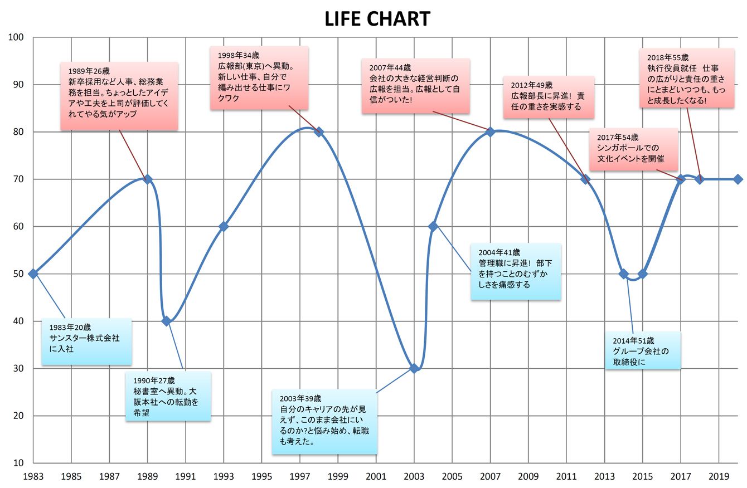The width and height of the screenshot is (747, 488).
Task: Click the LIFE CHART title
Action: (377, 19)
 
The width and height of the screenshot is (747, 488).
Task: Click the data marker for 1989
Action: (147, 179)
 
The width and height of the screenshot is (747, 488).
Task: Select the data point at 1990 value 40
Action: (166, 321)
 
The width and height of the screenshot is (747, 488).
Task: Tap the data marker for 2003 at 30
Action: (414, 368)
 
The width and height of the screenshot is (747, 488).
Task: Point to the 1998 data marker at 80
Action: (319, 132)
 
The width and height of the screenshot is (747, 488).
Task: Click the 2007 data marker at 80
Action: (491, 132)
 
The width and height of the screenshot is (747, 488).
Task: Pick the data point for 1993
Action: (224, 227)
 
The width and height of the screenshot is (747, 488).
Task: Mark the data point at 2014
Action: (624, 274)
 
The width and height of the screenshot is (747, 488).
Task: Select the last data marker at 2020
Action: (738, 179)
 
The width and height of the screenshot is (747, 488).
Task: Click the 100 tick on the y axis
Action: (16, 37)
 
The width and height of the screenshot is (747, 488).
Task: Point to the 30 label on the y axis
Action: (18, 368)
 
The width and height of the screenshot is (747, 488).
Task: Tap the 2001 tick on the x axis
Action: (376, 476)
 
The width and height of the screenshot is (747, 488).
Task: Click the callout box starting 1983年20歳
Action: (86, 341)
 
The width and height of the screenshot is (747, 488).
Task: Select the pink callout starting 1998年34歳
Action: (259, 77)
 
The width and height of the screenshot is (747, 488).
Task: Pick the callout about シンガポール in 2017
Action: (633, 149)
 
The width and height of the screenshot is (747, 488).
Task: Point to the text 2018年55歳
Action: (668, 57)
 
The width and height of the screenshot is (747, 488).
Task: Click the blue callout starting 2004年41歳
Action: (516, 271)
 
